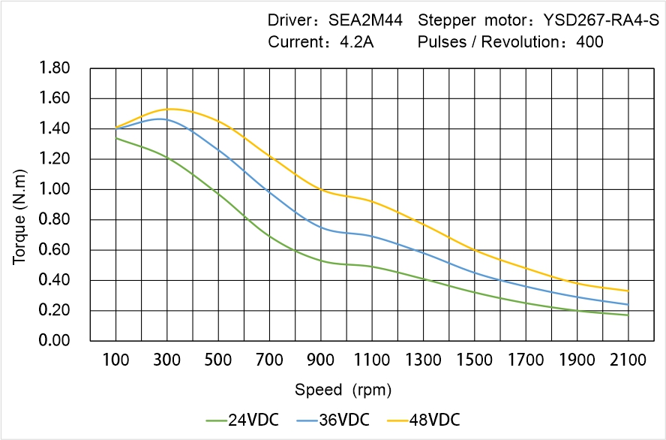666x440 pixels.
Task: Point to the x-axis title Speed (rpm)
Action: [x=343, y=390]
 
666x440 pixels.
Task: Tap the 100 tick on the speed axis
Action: [x=115, y=360]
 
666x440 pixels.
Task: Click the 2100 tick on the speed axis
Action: [x=628, y=360]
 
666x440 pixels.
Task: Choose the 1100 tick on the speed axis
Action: [x=372, y=360]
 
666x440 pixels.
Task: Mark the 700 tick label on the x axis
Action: [x=269, y=360]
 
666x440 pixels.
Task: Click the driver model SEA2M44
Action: [x=366, y=20]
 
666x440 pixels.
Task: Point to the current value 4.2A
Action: [x=356, y=42]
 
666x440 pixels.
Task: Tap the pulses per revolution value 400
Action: [x=589, y=42]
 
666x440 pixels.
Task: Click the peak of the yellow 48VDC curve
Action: [x=169, y=109]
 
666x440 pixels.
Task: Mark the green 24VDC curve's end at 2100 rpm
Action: [x=628, y=315]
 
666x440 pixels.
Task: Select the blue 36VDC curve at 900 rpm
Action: [x=321, y=226]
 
